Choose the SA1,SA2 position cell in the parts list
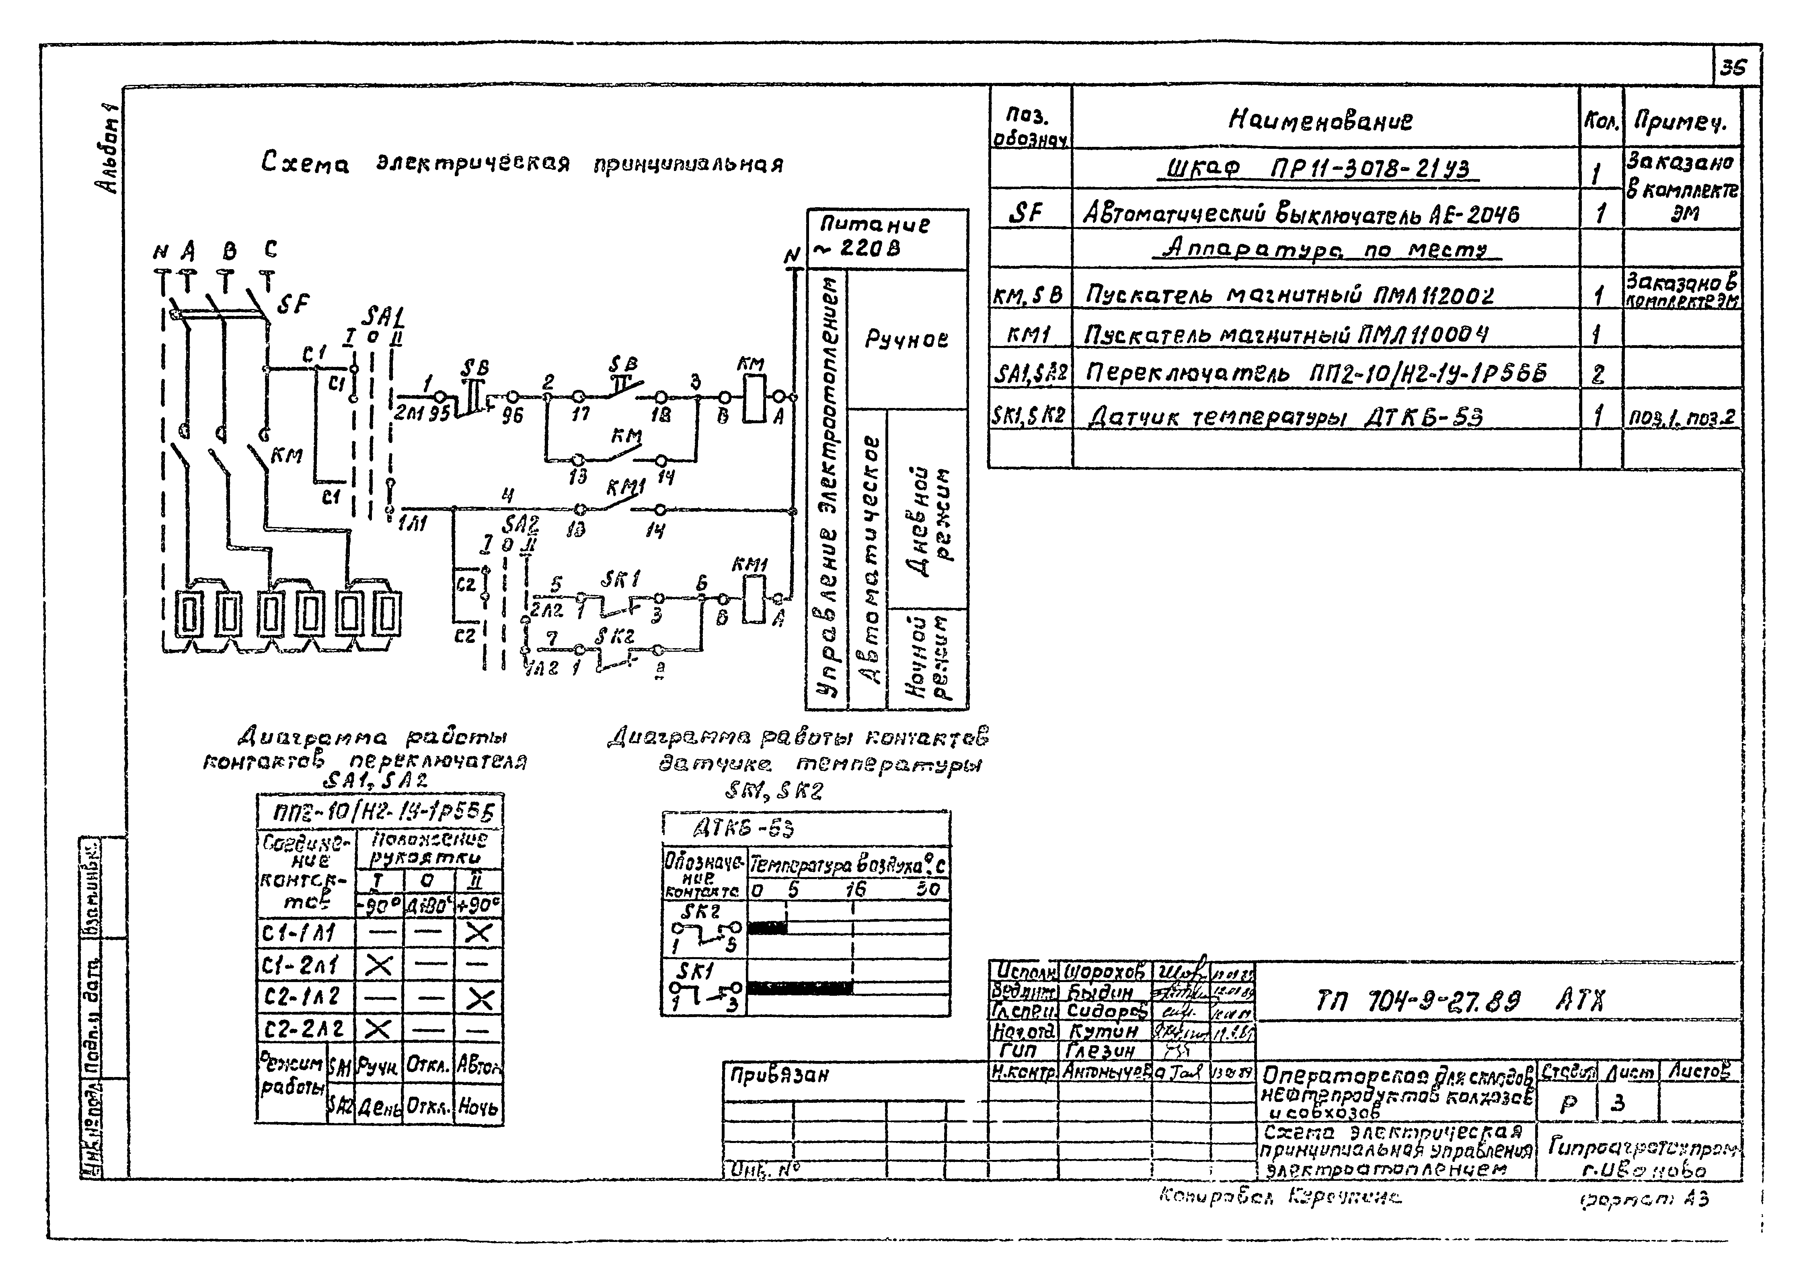click(1030, 371)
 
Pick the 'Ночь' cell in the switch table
click(478, 1108)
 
